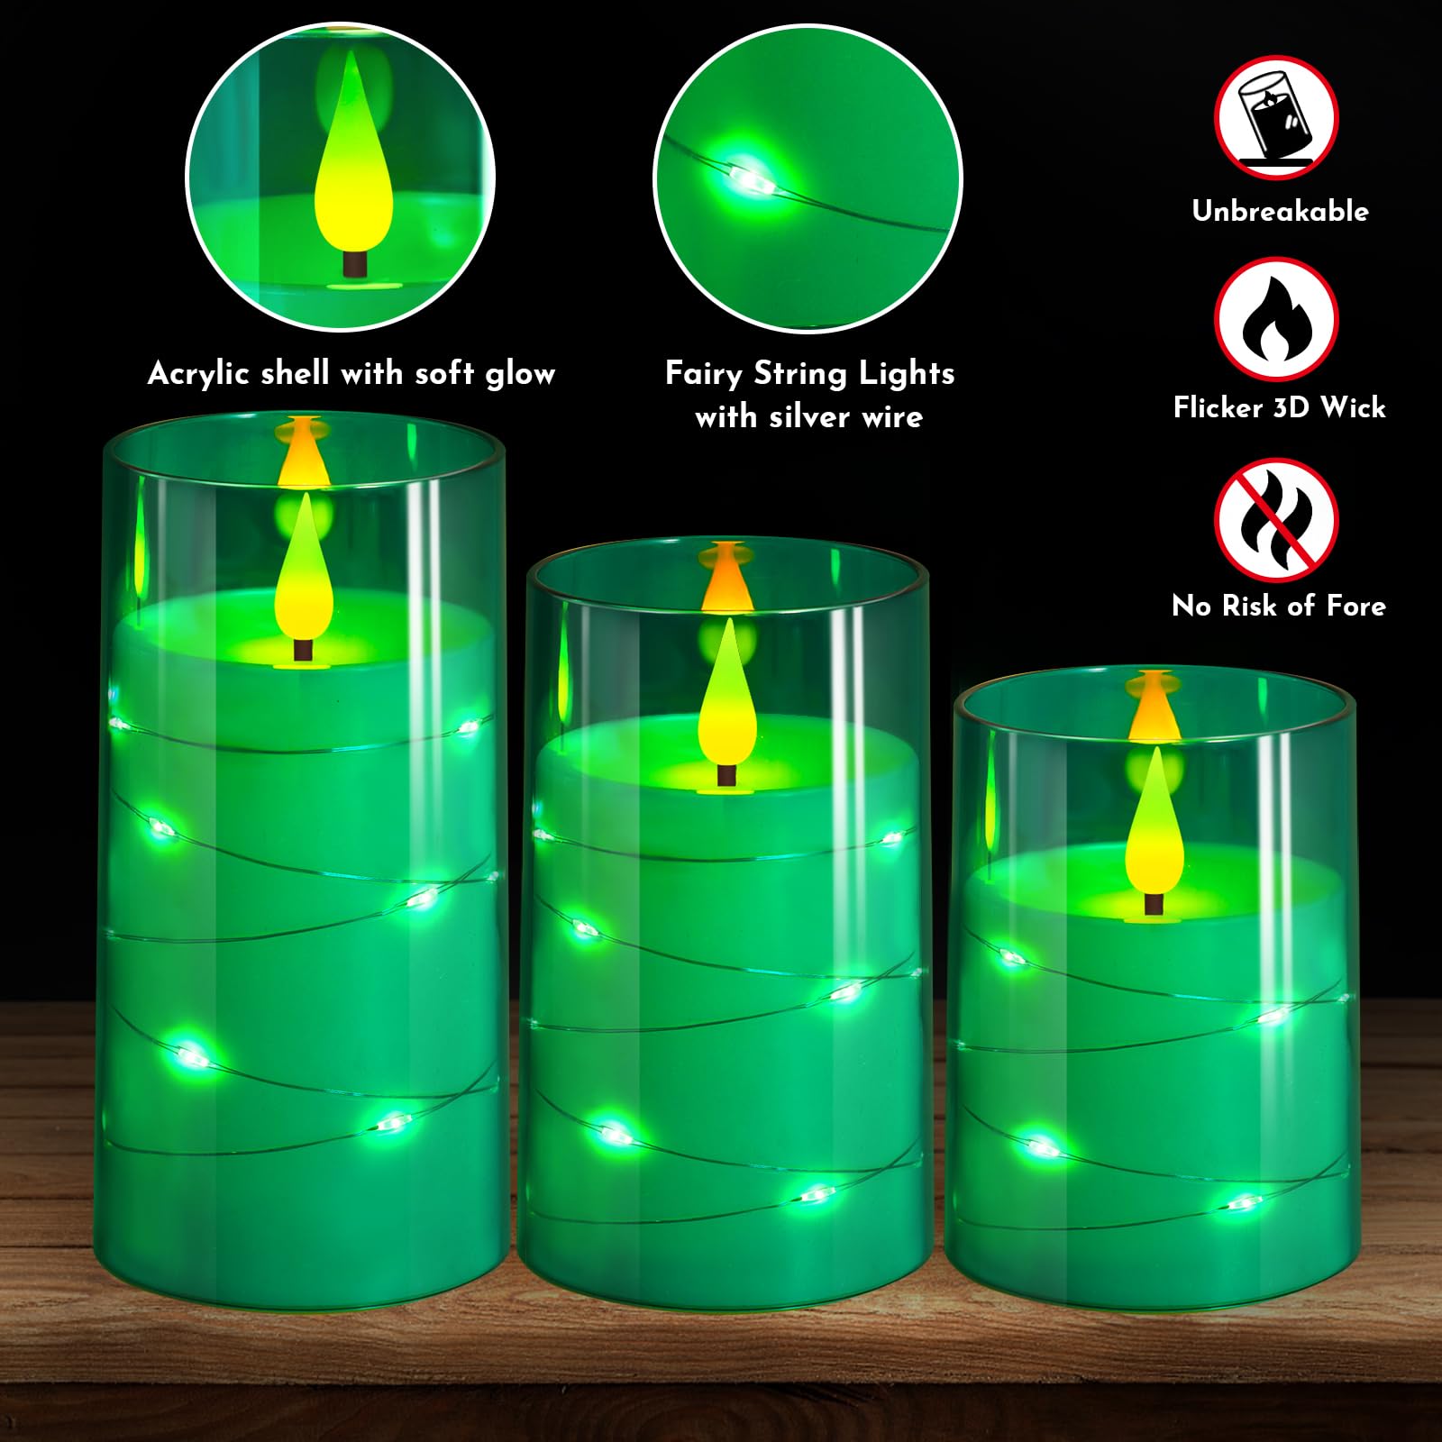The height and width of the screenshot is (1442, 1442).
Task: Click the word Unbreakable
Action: [1280, 211]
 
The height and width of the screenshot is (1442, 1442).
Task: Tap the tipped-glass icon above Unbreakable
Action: [1275, 118]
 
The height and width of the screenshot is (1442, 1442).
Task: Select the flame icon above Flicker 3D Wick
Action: [1275, 319]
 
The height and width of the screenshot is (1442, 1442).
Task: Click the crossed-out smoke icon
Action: [1275, 520]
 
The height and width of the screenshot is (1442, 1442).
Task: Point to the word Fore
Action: [1355, 606]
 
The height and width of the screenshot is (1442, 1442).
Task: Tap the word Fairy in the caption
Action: [704, 373]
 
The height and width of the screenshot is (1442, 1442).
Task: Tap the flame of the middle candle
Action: [726, 694]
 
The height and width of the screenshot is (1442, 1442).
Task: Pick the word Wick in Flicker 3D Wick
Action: [1352, 407]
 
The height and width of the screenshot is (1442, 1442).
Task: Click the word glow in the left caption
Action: [520, 373]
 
